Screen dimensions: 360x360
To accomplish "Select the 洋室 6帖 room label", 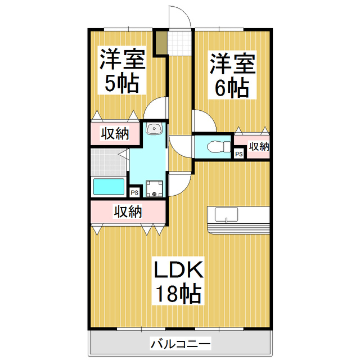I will pyautogui.click(x=232, y=74).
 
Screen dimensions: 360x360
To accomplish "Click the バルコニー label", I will pyautogui.click(x=180, y=343).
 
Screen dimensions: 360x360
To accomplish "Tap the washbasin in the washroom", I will pyautogui.click(x=154, y=129).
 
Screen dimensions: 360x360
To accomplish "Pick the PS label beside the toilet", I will pyautogui.click(x=238, y=154).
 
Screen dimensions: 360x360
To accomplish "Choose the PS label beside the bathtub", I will pyautogui.click(x=134, y=192).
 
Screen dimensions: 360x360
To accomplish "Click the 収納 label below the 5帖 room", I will pyautogui.click(x=115, y=134).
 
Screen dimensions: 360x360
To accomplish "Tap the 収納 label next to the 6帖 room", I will pyautogui.click(x=259, y=147).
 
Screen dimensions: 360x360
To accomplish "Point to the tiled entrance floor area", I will pyautogui.click(x=181, y=42).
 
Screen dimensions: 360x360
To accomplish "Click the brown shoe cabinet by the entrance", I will pyautogui.click(x=161, y=44).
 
